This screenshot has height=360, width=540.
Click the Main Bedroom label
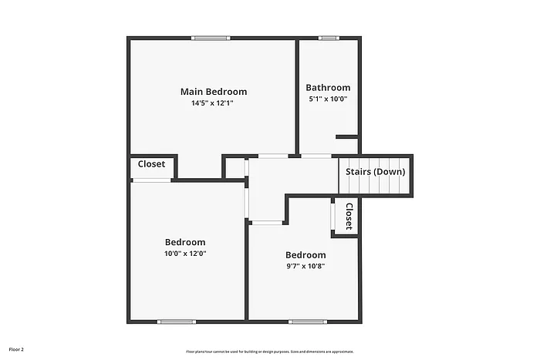[214, 92]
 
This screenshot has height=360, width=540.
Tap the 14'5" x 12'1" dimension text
[213, 103]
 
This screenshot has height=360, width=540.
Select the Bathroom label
[328, 88]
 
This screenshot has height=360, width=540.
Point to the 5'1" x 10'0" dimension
[328, 99]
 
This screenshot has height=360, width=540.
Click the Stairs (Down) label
[375, 172]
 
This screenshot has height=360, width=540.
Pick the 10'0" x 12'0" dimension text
[185, 253]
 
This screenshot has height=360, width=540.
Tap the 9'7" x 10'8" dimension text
[305, 267]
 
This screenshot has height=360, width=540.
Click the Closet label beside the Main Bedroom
[151, 164]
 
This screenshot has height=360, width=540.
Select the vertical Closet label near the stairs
[349, 216]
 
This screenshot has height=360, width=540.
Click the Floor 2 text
[16, 349]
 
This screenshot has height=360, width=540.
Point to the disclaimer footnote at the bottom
[269, 351]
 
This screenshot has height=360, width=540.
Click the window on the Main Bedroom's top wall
[211, 37]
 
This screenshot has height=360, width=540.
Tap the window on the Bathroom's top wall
[329, 37]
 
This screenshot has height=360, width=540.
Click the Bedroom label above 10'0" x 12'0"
[185, 242]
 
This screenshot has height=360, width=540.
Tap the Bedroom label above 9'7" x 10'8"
[305, 255]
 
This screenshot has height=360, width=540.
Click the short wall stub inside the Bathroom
[346, 137]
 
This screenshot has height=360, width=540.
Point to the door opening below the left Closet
[151, 180]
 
